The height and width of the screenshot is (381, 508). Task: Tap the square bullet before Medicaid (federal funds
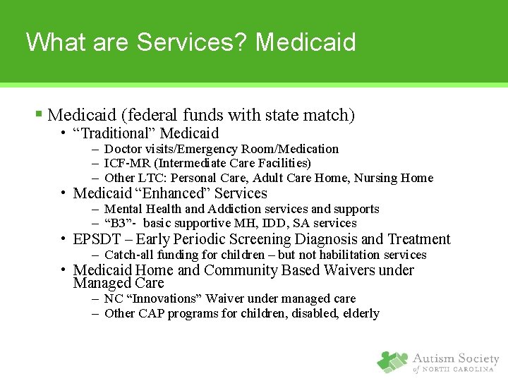point(40,114)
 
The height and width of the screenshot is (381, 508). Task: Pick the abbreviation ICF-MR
point(126,164)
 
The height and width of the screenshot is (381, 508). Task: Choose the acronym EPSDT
point(96,239)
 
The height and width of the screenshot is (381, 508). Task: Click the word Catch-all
point(129,255)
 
